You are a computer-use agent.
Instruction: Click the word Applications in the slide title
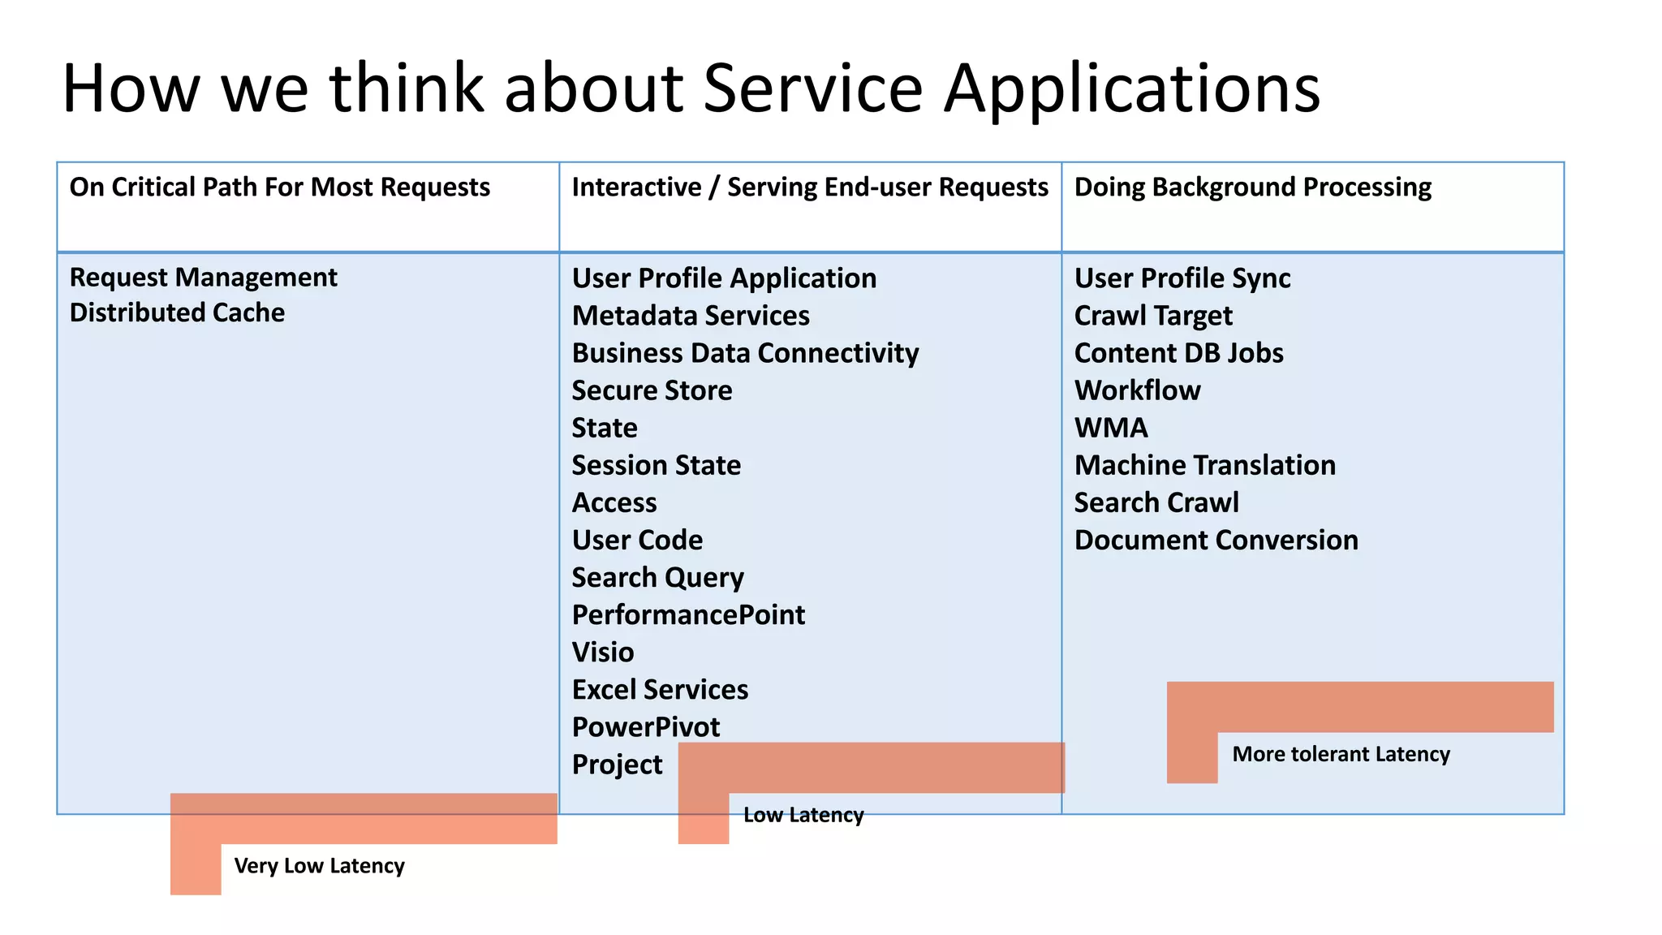[1131, 89]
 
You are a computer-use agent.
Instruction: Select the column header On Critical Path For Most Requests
[280, 187]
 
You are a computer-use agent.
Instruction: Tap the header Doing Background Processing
[1252, 187]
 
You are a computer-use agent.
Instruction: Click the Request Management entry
[203, 278]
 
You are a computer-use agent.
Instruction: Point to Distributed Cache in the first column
[177, 312]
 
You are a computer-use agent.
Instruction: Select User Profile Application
[724, 278]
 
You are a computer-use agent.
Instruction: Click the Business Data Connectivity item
[745, 353]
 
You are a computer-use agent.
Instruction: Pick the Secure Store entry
[652, 390]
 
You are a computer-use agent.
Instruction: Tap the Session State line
[656, 465]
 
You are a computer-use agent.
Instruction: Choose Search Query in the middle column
[657, 577]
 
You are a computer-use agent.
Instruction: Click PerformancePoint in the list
[688, 614]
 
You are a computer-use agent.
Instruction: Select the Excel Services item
[660, 689]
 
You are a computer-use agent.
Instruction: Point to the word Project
[617, 765]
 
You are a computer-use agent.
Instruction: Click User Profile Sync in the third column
[1182, 278]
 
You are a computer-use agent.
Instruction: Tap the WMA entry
[1111, 428]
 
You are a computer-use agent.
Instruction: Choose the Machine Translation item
[1204, 465]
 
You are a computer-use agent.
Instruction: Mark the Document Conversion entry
[1216, 540]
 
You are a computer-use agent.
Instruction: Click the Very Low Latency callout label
[319, 866]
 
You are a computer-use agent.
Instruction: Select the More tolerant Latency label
[1341, 754]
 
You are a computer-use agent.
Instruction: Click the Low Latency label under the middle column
[803, 815]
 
